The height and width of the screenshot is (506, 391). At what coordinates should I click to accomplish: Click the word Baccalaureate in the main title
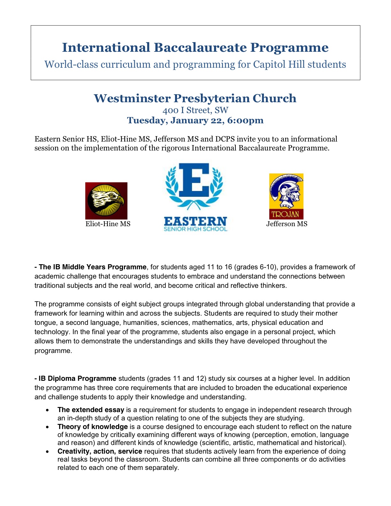(200, 47)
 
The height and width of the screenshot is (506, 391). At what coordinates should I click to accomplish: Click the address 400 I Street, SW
(195, 110)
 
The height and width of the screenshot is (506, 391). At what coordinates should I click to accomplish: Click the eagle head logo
(106, 200)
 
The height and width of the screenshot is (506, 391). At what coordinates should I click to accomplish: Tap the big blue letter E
(194, 181)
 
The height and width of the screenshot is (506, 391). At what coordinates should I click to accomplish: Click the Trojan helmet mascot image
(286, 191)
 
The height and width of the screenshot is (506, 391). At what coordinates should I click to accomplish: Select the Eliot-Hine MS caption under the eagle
(108, 224)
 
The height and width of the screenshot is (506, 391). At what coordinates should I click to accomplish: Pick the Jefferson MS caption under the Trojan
(287, 224)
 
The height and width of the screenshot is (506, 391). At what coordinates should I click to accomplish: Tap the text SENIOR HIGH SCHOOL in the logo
(195, 229)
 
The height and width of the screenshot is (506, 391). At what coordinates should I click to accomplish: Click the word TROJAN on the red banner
(286, 214)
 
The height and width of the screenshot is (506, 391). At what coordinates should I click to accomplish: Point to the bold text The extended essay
(91, 410)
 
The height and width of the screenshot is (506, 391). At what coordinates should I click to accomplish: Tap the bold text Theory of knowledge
(92, 427)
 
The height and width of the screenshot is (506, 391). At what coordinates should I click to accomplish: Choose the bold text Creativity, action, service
(100, 451)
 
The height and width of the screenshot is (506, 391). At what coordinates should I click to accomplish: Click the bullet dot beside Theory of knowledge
(47, 427)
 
